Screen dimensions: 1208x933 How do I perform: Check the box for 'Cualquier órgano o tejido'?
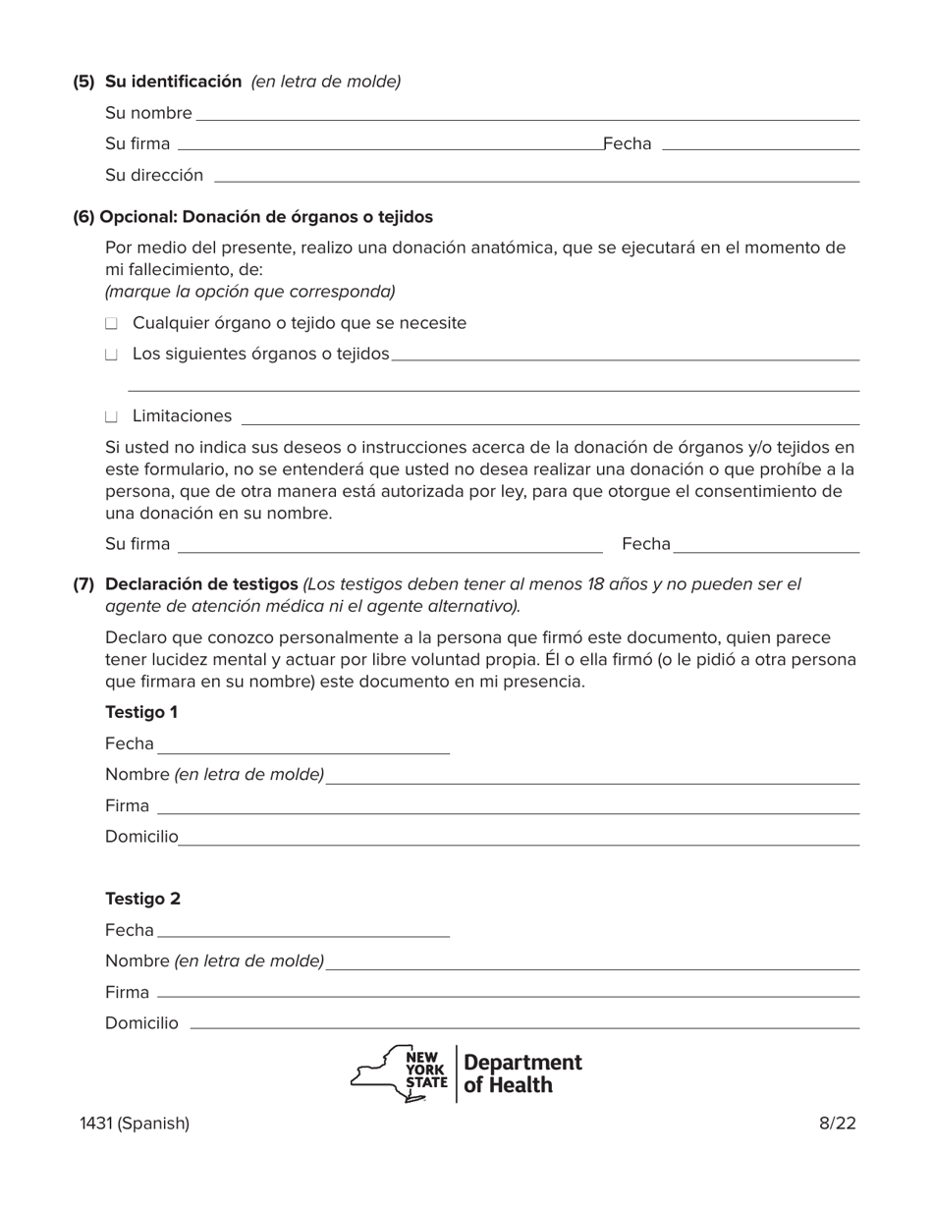coord(112,324)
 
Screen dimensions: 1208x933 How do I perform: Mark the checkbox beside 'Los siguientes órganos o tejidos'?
coord(112,355)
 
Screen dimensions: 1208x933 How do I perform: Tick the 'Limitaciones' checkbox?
coord(112,417)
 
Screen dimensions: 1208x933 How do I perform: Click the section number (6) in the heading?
coord(85,217)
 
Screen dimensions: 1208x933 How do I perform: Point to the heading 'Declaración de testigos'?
coord(201,584)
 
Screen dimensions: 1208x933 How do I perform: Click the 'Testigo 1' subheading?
coord(141,712)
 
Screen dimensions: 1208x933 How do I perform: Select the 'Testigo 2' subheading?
coord(142,899)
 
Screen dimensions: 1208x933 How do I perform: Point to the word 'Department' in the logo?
coord(521,1063)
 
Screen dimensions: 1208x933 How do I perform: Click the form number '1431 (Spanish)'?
coord(135,1124)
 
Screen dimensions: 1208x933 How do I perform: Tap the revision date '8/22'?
coord(837,1124)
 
